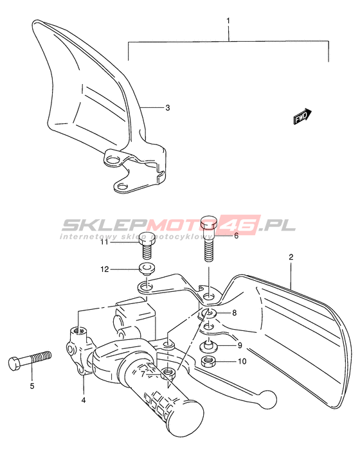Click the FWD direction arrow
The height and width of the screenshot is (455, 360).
(x=302, y=117)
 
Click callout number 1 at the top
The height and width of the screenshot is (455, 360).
(x=228, y=21)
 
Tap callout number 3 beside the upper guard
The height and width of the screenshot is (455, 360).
(x=168, y=108)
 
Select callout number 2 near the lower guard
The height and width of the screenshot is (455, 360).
(x=291, y=257)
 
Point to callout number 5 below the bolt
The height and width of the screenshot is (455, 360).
(x=32, y=386)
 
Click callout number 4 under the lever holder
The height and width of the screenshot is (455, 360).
(x=84, y=400)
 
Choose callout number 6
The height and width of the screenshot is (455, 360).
(x=237, y=236)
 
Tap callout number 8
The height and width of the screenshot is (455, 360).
(x=234, y=312)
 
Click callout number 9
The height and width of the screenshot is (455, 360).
(x=240, y=345)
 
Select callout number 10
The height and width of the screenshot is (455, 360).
(x=242, y=361)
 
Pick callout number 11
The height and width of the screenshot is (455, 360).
(x=104, y=242)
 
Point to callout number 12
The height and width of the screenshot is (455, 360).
(x=105, y=269)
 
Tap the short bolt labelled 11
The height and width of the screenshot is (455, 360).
(x=147, y=245)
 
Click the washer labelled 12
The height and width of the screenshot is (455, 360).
(x=147, y=269)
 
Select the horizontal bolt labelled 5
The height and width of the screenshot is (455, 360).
(x=30, y=360)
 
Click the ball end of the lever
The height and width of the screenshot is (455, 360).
(x=267, y=399)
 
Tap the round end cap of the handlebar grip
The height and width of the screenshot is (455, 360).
(x=186, y=418)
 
